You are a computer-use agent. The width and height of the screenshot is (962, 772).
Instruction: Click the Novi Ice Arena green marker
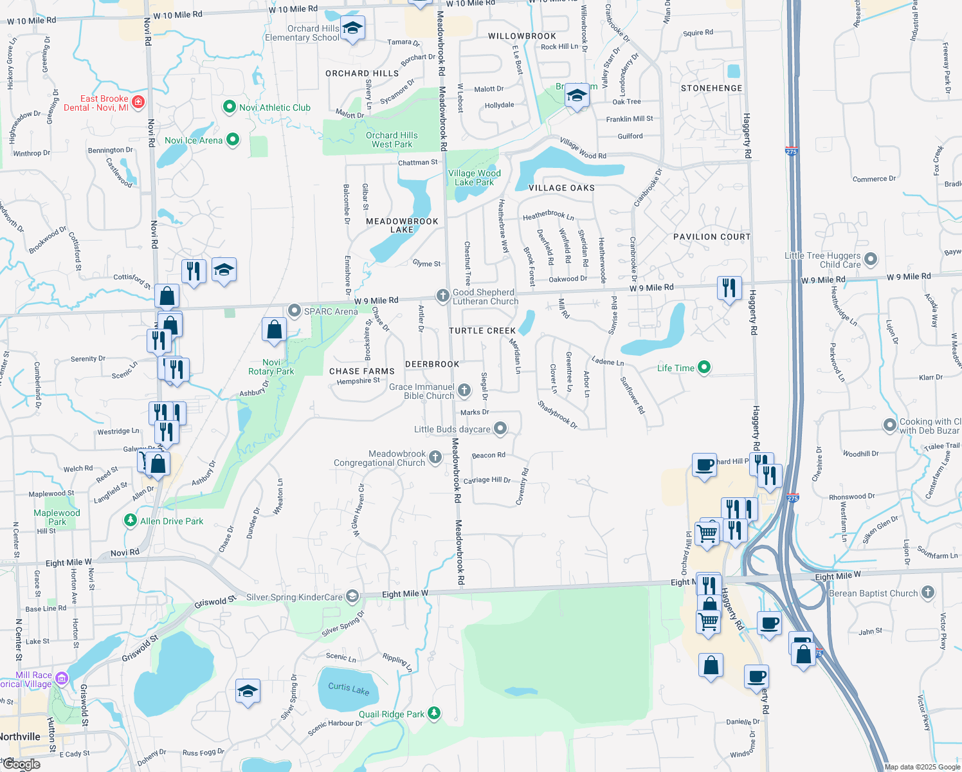tap(233, 140)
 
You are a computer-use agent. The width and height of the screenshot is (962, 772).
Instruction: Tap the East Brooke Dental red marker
tap(138, 102)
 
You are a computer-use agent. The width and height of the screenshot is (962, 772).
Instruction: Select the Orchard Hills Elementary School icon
tap(352, 28)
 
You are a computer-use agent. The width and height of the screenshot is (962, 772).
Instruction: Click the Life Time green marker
tap(704, 367)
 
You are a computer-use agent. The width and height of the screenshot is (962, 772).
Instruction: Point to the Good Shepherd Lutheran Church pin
tap(442, 296)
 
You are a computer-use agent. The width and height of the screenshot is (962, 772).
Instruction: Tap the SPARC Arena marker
tap(295, 311)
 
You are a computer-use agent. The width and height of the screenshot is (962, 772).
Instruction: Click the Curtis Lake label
tap(349, 688)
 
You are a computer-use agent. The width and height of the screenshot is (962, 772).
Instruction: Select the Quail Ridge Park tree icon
tap(435, 713)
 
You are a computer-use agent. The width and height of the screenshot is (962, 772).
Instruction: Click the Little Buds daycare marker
tap(500, 428)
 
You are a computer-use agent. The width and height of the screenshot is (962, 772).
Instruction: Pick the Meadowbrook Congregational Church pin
tap(435, 457)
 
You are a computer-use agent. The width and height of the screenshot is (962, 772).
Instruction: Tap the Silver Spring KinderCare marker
tap(352, 596)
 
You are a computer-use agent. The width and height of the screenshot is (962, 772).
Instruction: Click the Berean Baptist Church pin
tap(927, 593)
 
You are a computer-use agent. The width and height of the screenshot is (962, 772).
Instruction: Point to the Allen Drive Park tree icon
tap(131, 520)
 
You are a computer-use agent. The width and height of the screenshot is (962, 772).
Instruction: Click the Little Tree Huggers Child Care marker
tap(871, 259)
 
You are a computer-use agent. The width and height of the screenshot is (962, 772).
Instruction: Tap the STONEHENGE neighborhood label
tap(711, 88)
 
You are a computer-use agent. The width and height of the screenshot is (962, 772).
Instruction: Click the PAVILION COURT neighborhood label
tap(712, 237)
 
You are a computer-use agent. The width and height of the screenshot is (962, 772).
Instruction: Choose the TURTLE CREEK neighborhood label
tap(482, 331)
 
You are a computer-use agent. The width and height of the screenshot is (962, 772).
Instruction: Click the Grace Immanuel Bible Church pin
tap(464, 391)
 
